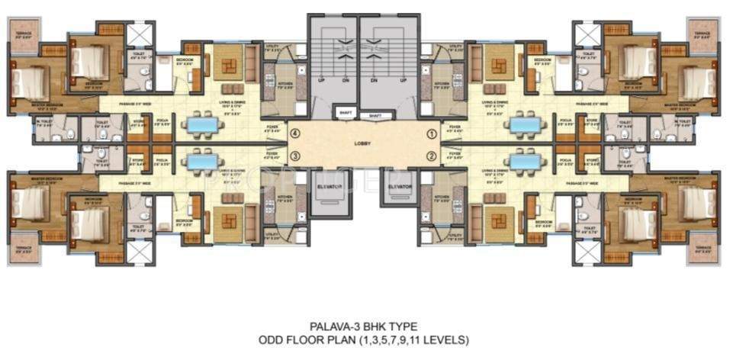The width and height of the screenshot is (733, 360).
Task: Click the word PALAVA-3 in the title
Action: pyautogui.click(x=338, y=325)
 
